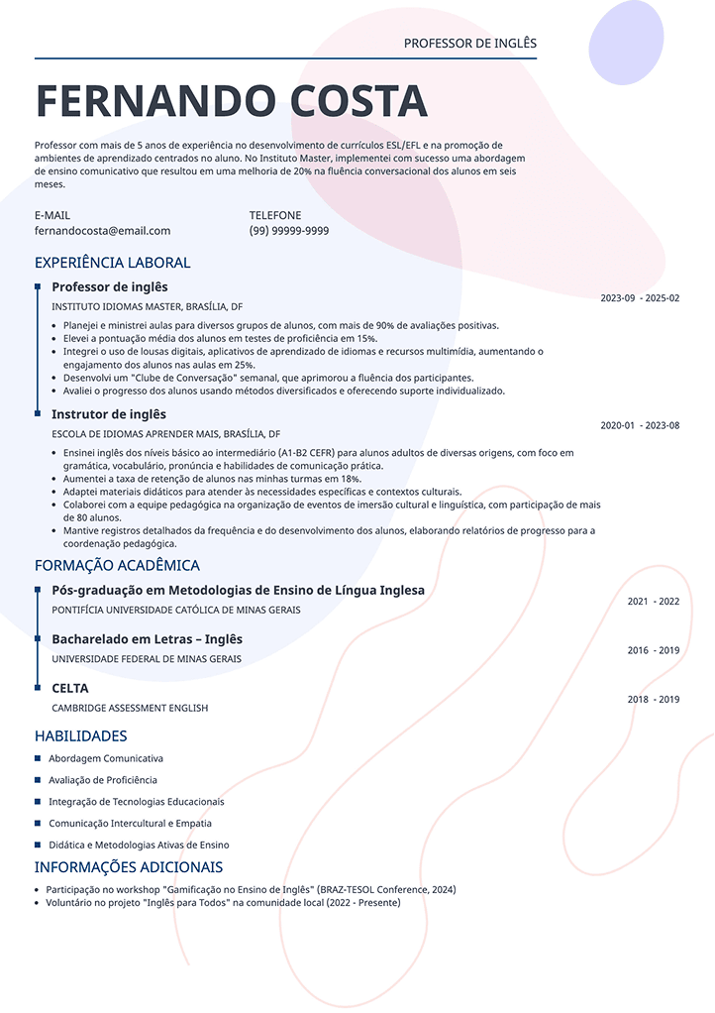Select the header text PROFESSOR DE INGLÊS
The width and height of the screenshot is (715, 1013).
(469, 44)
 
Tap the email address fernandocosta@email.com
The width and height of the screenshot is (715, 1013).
(102, 231)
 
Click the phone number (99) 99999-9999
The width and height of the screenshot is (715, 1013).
(289, 231)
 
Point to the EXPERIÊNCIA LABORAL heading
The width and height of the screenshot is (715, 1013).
(112, 263)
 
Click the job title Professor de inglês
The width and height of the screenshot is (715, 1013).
(109, 287)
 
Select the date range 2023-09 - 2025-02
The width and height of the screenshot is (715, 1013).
(640, 298)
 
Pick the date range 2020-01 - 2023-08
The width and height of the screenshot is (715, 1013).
(640, 425)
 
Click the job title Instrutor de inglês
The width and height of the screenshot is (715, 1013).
(108, 414)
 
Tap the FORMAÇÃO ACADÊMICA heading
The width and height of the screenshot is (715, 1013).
(117, 565)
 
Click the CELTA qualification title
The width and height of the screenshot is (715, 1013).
(69, 688)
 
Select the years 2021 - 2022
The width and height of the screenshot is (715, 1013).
(654, 602)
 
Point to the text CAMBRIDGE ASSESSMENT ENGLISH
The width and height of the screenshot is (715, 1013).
(130, 708)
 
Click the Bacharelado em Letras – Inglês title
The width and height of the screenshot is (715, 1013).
(147, 639)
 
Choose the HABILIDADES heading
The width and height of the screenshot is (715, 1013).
(80, 735)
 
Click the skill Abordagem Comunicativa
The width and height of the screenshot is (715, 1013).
(106, 758)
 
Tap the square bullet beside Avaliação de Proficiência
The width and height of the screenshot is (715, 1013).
(38, 780)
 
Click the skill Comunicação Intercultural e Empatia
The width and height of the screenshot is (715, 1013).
(130, 824)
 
